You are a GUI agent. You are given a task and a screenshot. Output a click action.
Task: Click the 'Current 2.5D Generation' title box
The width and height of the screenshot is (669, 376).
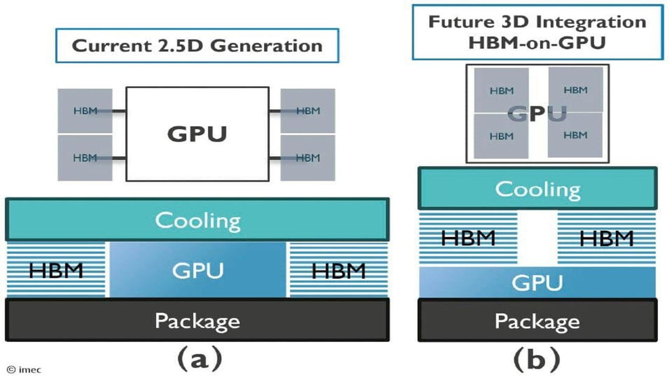tap(196, 46)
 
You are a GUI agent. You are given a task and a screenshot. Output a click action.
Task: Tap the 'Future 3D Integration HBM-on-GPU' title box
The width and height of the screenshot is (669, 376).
tap(538, 32)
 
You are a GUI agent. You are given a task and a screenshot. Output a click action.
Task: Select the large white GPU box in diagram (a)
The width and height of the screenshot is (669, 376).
tap(197, 133)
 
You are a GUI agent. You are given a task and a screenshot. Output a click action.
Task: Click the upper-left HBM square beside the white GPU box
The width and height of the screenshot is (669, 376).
tap(85, 111)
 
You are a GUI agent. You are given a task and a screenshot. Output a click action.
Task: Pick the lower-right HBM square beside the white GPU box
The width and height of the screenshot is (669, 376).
tap(308, 157)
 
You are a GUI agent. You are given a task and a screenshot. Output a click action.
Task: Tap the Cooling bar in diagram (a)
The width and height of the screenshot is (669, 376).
tap(197, 219)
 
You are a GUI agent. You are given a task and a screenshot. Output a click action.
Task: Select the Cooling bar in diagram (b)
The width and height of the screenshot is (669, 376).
tap(538, 188)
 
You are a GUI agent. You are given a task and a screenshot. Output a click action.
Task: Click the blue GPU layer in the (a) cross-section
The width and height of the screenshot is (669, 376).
tap(197, 270)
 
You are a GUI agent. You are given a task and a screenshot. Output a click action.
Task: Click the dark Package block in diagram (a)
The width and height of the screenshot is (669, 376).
tap(197, 320)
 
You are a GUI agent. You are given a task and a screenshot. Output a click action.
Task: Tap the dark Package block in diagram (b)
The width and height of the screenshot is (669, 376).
tap(538, 320)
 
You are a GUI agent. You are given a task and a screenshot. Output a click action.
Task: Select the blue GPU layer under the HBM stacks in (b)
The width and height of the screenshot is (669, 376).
tap(538, 282)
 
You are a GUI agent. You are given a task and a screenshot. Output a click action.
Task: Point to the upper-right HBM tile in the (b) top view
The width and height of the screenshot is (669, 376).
tap(575, 90)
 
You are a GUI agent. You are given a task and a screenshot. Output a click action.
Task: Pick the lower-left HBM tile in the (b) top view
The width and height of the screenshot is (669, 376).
tap(501, 136)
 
